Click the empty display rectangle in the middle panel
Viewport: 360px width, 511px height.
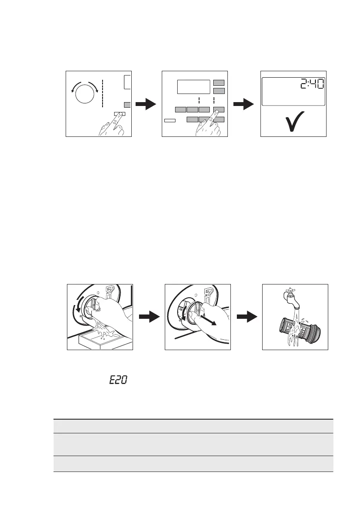point(193,87)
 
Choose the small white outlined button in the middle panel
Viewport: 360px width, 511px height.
point(170,121)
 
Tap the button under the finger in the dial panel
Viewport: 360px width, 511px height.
point(120,114)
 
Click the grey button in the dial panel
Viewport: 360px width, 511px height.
point(127,105)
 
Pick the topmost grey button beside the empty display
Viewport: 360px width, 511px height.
point(219,82)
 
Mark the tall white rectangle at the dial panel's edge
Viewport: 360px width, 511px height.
point(127,81)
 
